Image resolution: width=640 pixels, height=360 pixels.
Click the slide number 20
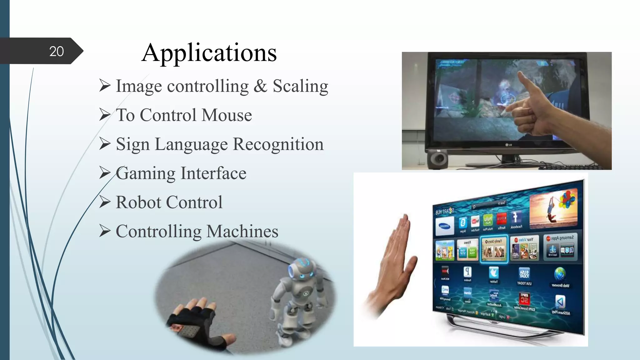tap(57, 51)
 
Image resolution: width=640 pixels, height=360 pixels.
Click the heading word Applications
tap(209, 52)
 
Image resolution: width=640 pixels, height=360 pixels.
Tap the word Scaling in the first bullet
tap(300, 86)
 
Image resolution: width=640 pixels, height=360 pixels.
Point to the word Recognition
tap(278, 144)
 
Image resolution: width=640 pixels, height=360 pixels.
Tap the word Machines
tap(242, 231)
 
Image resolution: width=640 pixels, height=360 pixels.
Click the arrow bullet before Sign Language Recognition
tap(105, 144)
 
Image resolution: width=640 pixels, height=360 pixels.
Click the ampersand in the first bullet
tap(260, 86)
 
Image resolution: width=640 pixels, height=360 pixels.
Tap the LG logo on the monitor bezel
tap(509, 145)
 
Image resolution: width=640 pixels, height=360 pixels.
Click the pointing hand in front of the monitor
tap(537, 106)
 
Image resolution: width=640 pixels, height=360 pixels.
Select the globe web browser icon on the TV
tap(560, 274)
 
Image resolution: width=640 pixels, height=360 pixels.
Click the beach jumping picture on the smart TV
tap(553, 208)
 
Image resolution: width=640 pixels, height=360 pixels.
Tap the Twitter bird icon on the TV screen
tap(494, 273)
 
